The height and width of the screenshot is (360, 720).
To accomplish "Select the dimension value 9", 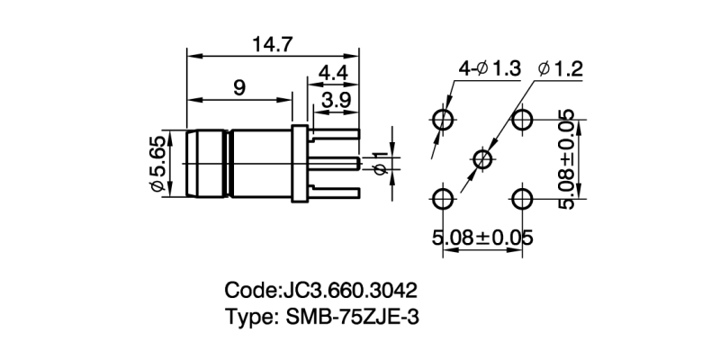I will (x=239, y=87).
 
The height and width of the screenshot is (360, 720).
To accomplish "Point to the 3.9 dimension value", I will (x=335, y=100).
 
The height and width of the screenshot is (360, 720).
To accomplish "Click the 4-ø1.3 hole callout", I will (x=490, y=69).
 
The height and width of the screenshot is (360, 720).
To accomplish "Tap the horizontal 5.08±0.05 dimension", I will (x=482, y=238).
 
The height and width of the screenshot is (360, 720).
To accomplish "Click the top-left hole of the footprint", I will (x=443, y=120).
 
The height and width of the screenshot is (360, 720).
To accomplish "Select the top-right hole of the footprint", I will (x=522, y=120).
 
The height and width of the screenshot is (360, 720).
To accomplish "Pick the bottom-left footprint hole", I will (x=443, y=199).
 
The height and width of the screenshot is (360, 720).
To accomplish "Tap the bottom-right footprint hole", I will (x=522, y=199).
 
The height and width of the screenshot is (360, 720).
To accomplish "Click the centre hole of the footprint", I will (x=482, y=159).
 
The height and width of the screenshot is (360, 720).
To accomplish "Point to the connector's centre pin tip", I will (x=359, y=163).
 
